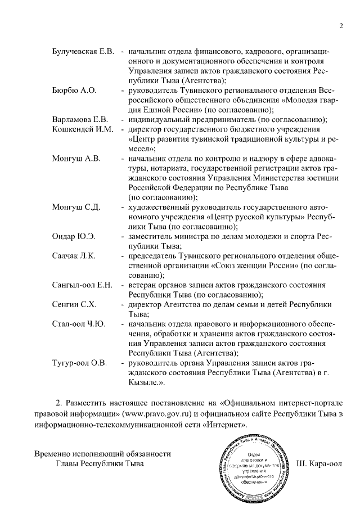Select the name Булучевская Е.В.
pyautogui.click(x=83, y=52)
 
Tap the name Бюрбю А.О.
pyautogui.click(x=74, y=90)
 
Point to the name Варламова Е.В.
pyautogui.click(x=79, y=119)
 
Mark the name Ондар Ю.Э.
pyautogui.click(x=73, y=236)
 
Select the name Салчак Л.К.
pyautogui.click(x=73, y=256)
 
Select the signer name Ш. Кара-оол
pyautogui.click(x=318, y=465)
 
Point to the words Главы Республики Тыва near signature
pyautogui.click(x=100, y=464)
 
